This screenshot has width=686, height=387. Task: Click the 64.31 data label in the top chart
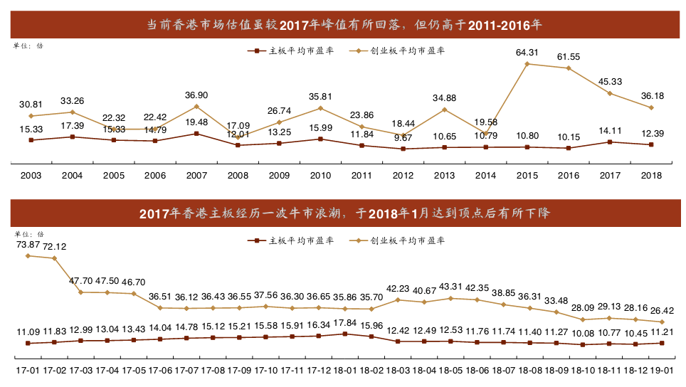[x=527, y=52]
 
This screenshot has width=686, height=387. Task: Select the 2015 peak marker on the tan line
[x=527, y=64]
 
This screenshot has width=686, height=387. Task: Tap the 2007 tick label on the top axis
[x=196, y=175]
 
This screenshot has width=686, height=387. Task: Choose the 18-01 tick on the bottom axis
[x=345, y=371]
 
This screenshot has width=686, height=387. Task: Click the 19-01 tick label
[x=662, y=371]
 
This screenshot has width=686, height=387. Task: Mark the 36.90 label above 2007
[x=196, y=95]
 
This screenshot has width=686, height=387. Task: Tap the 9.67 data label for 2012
[x=403, y=137]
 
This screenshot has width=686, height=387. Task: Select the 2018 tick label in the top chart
[x=652, y=175]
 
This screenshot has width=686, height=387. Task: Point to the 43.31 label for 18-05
[x=450, y=286]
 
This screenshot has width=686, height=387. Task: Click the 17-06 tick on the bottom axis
[x=160, y=371]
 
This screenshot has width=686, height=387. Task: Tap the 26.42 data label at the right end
[x=662, y=310]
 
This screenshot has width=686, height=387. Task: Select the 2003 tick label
[x=31, y=175]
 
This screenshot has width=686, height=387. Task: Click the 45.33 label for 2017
[x=610, y=81]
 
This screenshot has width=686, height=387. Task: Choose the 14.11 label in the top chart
[x=610, y=130]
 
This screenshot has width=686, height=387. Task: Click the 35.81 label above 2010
[x=321, y=96]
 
